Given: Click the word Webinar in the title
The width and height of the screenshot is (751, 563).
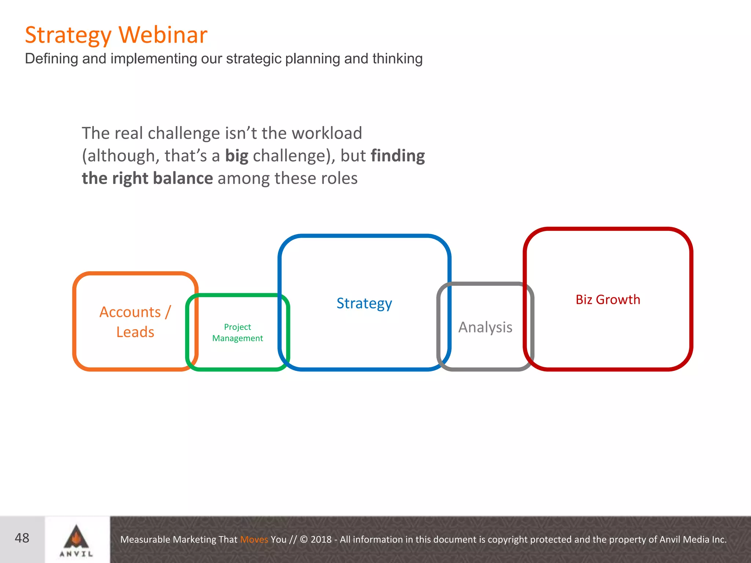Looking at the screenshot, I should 163,35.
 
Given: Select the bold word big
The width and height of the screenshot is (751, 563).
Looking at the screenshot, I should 237,156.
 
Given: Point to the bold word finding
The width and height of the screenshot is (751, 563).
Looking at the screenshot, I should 398,156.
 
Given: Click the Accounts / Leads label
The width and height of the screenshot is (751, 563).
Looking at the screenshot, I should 135,322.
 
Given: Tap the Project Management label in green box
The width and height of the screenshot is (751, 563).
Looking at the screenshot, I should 238,332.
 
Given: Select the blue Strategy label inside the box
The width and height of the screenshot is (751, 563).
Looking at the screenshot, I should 364,303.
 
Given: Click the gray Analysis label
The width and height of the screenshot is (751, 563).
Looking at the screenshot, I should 485,327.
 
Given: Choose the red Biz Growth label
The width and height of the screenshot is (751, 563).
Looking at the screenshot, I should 608,299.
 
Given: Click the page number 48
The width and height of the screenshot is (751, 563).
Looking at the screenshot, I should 22,538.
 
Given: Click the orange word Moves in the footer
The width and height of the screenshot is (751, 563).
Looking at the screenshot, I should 254,540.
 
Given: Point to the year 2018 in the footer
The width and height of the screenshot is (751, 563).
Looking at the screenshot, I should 321,540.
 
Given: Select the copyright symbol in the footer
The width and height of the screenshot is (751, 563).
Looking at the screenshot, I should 304,540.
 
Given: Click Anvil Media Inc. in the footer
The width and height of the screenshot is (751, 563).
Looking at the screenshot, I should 693,540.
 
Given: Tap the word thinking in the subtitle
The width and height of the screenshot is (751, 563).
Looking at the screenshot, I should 397,59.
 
